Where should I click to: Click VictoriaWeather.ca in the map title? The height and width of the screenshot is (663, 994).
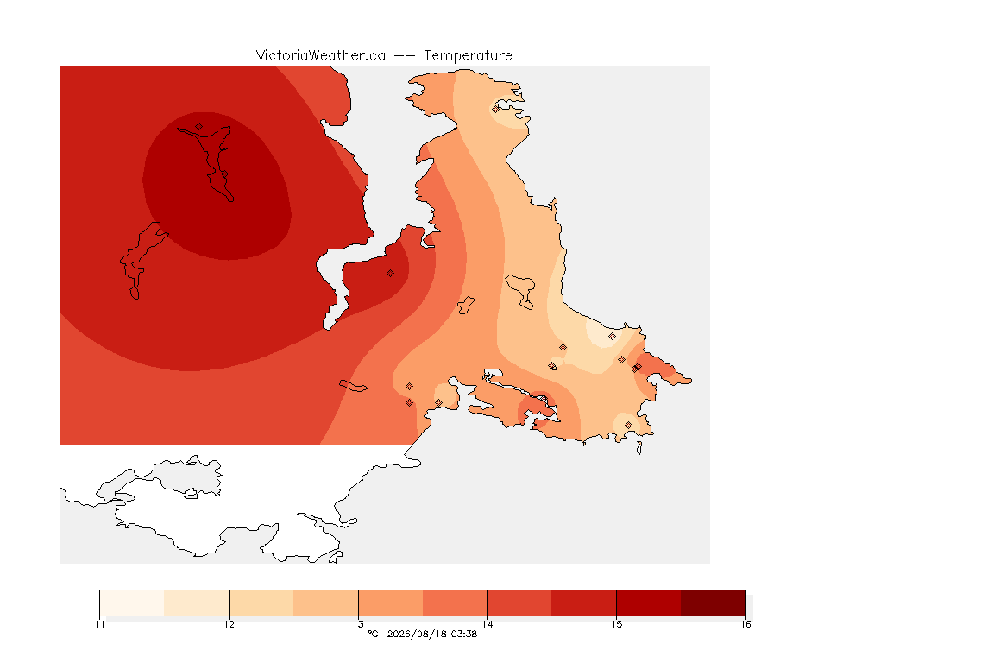click(x=321, y=56)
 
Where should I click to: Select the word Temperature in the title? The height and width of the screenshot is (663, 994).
click(x=468, y=56)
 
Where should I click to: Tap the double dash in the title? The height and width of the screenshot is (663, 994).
click(x=405, y=56)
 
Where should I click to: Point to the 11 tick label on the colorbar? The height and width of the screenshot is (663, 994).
click(x=99, y=624)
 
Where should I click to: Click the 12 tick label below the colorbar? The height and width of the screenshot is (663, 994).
click(x=229, y=624)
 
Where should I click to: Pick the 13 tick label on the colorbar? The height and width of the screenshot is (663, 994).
click(x=358, y=624)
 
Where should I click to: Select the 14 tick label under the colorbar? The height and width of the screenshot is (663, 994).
click(x=487, y=624)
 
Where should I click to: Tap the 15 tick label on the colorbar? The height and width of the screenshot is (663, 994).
click(x=616, y=624)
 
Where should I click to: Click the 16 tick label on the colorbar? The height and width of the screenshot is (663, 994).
click(x=745, y=624)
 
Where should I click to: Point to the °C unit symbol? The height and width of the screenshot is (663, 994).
click(x=373, y=634)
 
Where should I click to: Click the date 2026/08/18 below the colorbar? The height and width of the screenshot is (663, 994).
click(x=416, y=634)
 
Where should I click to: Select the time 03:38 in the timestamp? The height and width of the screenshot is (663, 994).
click(x=464, y=634)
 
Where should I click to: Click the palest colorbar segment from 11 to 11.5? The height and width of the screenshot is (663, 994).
click(x=132, y=603)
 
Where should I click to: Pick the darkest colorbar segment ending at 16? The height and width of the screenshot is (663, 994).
click(x=714, y=603)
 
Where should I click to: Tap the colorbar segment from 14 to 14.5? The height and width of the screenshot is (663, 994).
click(x=519, y=603)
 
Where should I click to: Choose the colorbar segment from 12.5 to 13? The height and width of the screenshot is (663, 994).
click(x=326, y=603)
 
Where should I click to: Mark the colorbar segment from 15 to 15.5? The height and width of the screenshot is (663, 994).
click(x=649, y=603)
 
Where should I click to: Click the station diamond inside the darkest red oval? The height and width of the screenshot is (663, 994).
click(x=199, y=127)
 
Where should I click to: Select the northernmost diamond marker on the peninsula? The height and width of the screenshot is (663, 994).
click(x=496, y=109)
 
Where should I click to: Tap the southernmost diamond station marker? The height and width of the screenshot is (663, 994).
click(x=628, y=425)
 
